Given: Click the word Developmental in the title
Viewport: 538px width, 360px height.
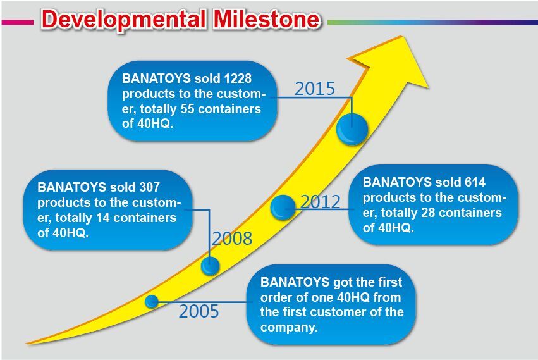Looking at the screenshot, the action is coord(123,20).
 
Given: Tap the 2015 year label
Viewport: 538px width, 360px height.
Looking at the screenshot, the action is coord(315,89).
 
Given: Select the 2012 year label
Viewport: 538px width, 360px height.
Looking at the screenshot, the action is coord(321,201).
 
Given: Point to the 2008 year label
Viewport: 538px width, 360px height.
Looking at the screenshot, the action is coord(232,239).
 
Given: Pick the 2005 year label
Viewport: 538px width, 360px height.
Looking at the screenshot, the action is coord(199,311).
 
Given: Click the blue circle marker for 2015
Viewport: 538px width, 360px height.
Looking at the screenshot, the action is coord(352,130).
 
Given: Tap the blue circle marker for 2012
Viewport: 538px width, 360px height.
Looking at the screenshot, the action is coord(283,208).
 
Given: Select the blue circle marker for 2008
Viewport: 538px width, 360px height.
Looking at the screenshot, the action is coord(210,266).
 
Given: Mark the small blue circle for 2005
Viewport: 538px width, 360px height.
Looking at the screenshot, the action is coord(152,302).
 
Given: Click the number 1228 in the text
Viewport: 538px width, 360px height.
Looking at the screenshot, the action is coord(238,78).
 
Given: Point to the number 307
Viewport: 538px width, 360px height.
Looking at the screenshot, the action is coord(149,187).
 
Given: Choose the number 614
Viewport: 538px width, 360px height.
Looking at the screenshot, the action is coord(475,182).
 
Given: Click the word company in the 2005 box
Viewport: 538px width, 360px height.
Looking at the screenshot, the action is coord(290,327).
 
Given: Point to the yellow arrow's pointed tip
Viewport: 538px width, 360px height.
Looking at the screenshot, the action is coord(401,36).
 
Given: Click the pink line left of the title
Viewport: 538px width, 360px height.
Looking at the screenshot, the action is coord(18,22).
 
